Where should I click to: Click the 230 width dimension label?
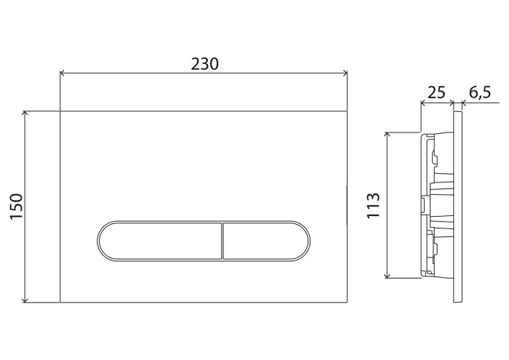204,63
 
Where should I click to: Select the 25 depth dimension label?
436,92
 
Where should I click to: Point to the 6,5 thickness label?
480,92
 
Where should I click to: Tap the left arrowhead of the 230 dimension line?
62,73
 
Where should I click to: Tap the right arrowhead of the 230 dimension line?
347,73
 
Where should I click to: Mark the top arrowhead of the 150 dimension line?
26,113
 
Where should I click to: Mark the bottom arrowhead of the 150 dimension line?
26,300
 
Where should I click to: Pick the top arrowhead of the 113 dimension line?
388,135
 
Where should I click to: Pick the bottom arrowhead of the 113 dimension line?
388,276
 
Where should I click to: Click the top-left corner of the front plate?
60,111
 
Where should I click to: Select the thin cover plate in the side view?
456,207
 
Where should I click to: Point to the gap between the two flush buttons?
221,239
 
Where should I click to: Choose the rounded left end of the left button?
99,239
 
